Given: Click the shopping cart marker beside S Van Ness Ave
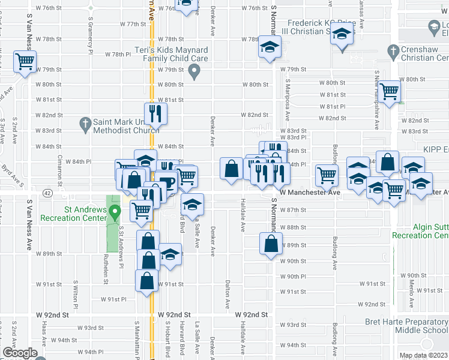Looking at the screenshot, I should point(25,61).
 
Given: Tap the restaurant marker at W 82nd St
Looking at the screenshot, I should point(155,112).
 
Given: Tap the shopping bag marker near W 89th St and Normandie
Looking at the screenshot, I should point(271,244).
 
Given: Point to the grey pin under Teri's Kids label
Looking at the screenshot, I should point(194,73).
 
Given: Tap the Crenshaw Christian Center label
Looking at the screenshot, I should point(424,53).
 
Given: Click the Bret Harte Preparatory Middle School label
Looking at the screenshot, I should point(406,326).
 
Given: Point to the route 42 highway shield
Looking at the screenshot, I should point(48,193).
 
